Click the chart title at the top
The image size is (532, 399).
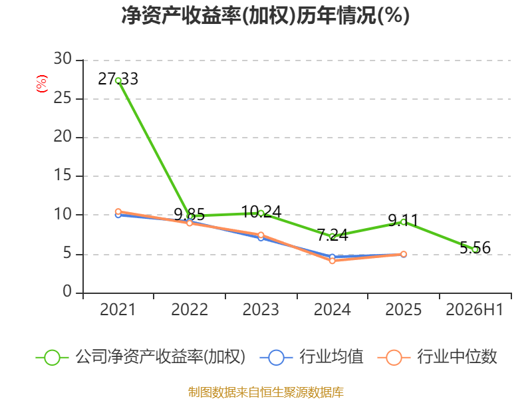265,15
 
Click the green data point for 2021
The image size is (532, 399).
118,80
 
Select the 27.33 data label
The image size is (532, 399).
118,79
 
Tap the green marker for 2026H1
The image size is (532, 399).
475,250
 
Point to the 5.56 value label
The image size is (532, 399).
475,247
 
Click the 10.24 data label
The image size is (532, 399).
261,212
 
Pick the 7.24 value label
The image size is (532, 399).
332,235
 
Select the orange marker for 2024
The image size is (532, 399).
332,261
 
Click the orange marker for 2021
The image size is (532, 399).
118,211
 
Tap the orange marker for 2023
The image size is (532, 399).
261,235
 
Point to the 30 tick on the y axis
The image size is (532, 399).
63,59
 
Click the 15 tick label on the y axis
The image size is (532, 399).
63,176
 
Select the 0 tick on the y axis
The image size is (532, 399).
67,292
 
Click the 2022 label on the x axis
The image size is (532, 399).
190,310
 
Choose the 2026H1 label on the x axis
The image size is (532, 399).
474,310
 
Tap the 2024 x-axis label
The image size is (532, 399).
332,310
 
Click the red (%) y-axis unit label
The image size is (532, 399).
41,84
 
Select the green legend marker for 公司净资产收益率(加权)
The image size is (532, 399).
53,358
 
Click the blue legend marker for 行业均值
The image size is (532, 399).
276,358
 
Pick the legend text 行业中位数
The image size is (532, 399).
457,357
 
